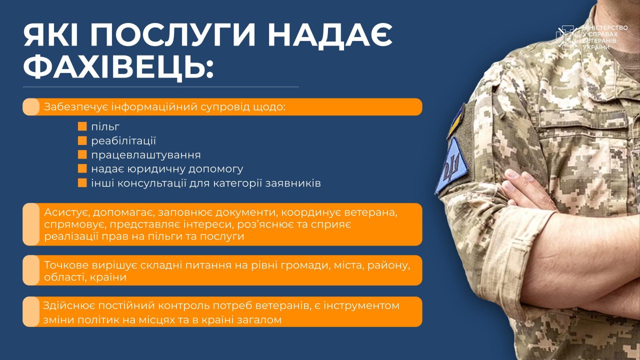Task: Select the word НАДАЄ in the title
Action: coord(330,35)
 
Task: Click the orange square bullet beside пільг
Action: coord(82,126)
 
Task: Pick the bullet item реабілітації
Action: coord(123,141)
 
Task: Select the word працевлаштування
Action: coord(146,155)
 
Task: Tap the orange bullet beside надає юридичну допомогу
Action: coord(82,168)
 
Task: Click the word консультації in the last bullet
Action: coord(152,183)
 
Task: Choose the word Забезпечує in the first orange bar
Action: coord(75,107)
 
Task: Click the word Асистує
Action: coord(67,213)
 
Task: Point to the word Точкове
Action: coord(66,265)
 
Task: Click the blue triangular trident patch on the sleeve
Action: coord(451,165)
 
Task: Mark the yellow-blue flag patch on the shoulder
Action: coord(456,121)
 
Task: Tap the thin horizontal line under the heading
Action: coord(161,86)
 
